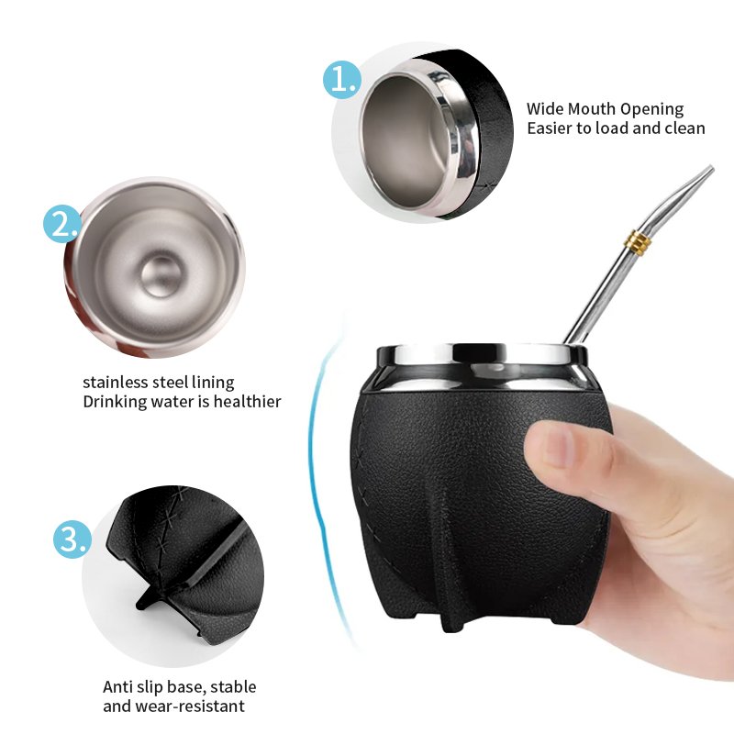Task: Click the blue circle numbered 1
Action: point(342,80)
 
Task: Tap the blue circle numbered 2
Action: point(62,224)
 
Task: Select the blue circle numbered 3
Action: point(72,539)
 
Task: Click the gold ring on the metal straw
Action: point(638,242)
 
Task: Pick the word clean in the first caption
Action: point(684,128)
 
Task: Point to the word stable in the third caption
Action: point(233,687)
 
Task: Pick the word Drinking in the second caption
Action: point(115,402)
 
